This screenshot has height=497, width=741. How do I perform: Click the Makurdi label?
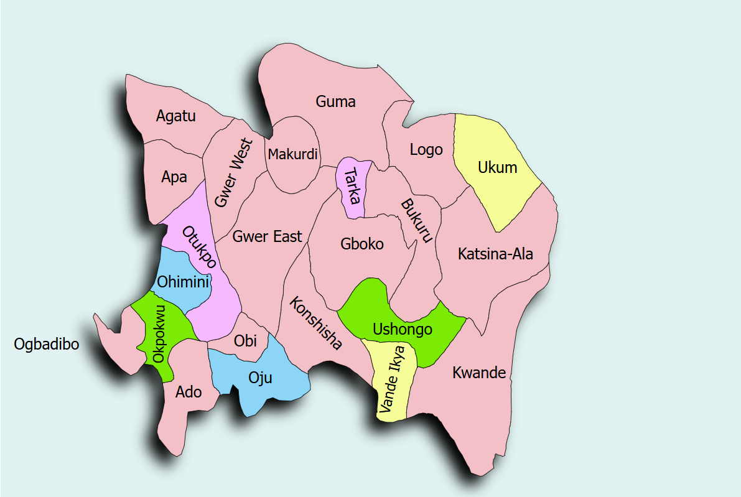[292, 154]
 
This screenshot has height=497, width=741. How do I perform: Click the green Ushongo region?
[401, 328]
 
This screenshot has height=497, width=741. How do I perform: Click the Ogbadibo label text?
[47, 344]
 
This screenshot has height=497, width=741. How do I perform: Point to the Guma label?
[335, 101]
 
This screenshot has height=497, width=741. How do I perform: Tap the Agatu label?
[176, 116]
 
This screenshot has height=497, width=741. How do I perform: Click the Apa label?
[174, 177]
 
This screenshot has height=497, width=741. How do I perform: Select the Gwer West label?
[234, 173]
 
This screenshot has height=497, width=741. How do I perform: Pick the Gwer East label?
[268, 236]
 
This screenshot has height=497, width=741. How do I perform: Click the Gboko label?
[362, 244]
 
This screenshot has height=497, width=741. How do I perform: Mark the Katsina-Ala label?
[495, 254]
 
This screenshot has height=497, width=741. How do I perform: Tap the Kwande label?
[479, 373]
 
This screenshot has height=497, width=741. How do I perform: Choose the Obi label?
[245, 341]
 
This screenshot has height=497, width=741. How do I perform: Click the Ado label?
[189, 392]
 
